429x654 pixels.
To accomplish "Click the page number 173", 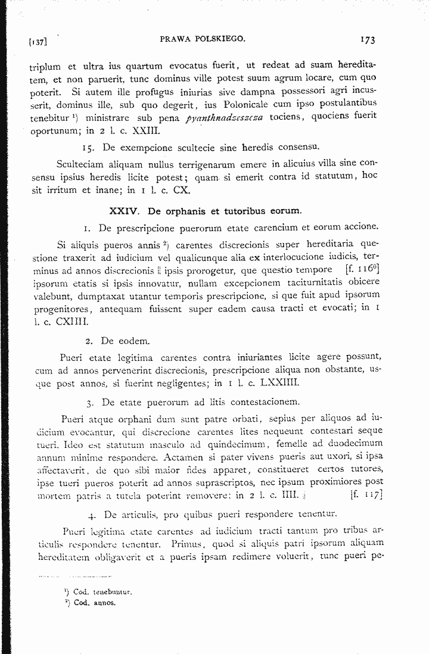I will pos(366,40).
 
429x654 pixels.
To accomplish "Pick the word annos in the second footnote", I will pos(102,602).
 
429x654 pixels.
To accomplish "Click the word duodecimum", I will pos(354,443).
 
